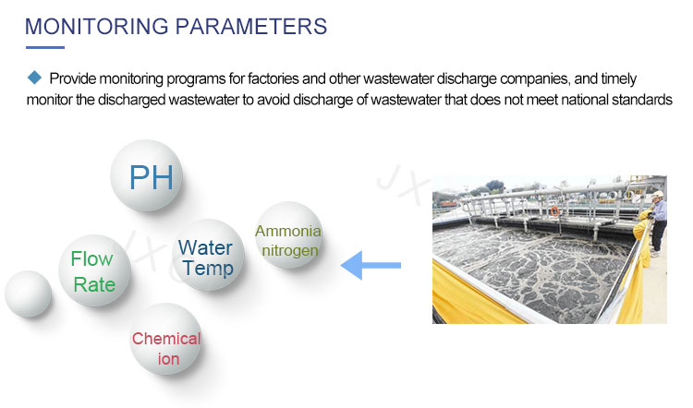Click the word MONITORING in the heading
[x=97, y=27]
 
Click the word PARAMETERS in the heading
[x=251, y=27]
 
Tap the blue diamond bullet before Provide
[x=34, y=78]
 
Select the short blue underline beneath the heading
[x=45, y=47]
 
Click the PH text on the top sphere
[x=152, y=177]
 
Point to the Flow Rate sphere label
[x=93, y=271]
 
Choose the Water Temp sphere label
[x=206, y=258]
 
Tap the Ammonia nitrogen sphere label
[x=288, y=241]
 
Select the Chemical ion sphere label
[x=166, y=349]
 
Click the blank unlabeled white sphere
[x=28, y=294]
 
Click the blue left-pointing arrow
[x=371, y=265]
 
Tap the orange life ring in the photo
[x=554, y=211]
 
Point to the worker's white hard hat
[x=658, y=194]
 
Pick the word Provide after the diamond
[x=72, y=78]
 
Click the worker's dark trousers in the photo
[x=659, y=236]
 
